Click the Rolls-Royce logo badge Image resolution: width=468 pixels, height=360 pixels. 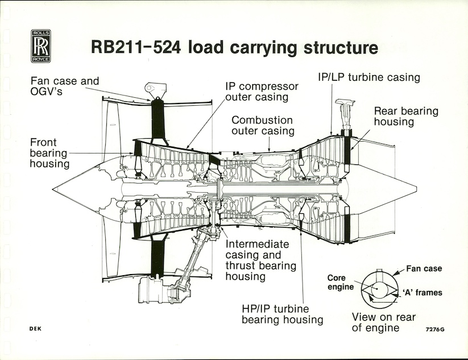click(x=41, y=46)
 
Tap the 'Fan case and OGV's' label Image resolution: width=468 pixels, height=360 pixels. click(x=64, y=86)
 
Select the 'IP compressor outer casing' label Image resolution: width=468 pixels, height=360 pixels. click(x=262, y=92)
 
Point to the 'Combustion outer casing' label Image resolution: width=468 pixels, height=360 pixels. click(x=262, y=126)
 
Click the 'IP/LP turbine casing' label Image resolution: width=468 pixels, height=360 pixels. click(x=368, y=77)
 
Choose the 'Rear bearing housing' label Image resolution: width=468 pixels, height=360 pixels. click(x=406, y=116)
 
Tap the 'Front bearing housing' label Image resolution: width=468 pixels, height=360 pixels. click(x=50, y=153)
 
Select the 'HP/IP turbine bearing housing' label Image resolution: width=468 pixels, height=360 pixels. click(x=282, y=314)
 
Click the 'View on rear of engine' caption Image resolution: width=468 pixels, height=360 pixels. click(x=383, y=322)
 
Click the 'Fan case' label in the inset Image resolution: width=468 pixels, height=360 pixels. click(x=424, y=268)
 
